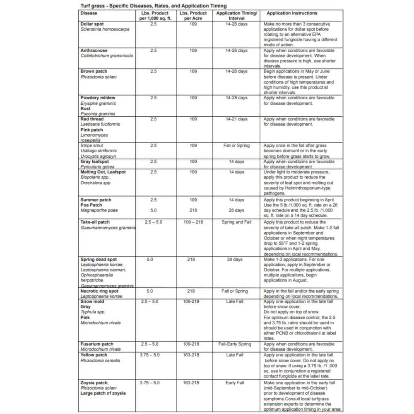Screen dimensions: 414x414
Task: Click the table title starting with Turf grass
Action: coord(153,6)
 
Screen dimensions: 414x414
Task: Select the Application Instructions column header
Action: coord(292,13)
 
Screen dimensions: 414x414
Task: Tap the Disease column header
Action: coord(89,13)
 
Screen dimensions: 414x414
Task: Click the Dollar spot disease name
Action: coord(92,24)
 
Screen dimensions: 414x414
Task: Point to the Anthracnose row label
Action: coord(94,51)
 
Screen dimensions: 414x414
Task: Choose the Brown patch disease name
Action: coord(94,72)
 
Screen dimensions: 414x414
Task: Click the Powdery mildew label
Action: coord(97,98)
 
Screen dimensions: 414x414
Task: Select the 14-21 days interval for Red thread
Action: coord(236,119)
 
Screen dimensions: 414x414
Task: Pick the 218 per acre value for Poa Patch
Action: coord(193,210)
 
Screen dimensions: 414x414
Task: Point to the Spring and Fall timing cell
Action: coord(236,222)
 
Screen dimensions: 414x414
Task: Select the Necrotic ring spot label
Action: coord(99,291)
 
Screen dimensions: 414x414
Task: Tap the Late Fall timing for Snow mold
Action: coord(235,302)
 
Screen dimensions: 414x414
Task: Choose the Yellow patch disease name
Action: coord(94,355)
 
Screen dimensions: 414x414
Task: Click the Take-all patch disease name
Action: coord(95,222)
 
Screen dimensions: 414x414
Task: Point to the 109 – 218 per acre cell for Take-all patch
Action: coord(193,222)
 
